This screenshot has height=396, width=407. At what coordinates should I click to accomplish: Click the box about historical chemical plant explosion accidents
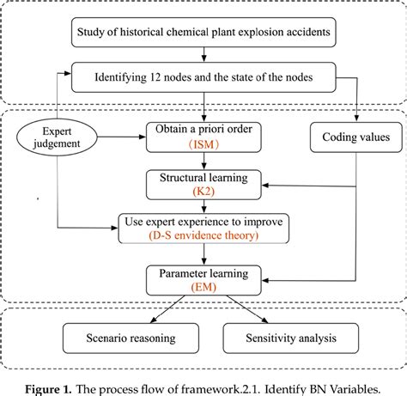coord(203,35)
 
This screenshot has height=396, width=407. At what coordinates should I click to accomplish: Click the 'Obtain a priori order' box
coord(203,136)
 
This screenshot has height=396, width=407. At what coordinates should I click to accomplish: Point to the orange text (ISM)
coord(203,144)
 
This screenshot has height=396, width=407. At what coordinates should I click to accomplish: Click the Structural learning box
coord(203,184)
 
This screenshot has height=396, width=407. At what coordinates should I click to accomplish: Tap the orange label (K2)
coord(203,192)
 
